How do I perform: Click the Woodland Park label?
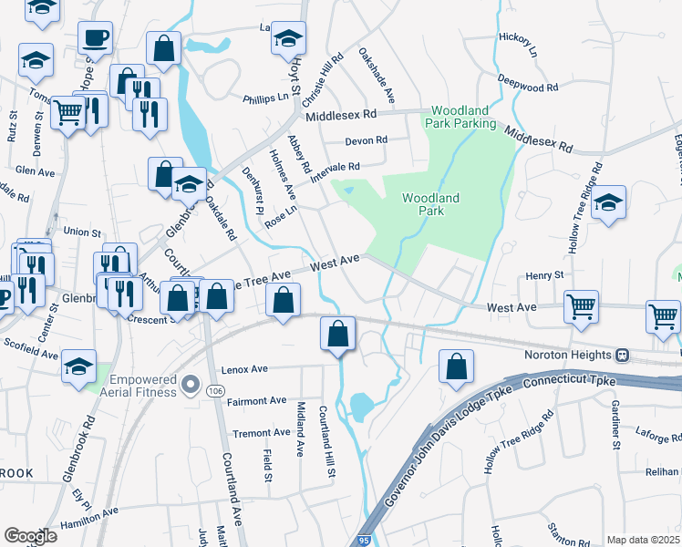click(430, 204)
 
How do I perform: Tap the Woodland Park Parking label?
click(463, 116)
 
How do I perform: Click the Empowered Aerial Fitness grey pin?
click(191, 385)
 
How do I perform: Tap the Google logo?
click(30, 536)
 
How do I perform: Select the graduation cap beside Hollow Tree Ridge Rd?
click(608, 203)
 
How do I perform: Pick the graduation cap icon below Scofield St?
click(79, 367)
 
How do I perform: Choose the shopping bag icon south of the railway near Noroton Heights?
click(456, 366)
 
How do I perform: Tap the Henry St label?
click(545, 275)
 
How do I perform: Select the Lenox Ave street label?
click(244, 370)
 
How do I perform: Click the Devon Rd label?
click(367, 140)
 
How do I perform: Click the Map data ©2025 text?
click(642, 540)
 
